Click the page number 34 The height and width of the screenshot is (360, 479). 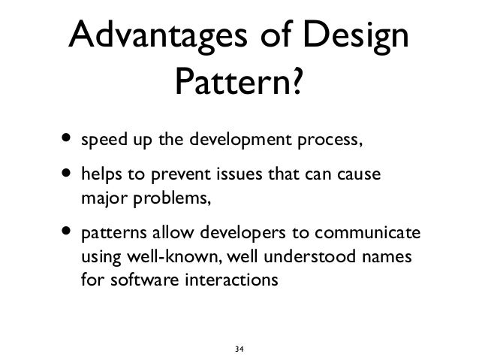coord(239,349)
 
